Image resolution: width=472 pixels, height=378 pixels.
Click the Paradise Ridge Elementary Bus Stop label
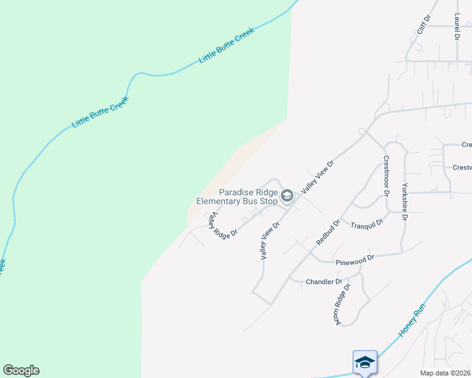pyautogui.click(x=237, y=197)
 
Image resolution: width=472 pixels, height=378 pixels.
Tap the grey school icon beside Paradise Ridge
pyautogui.click(x=287, y=197)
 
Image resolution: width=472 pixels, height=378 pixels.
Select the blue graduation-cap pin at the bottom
pyautogui.click(x=365, y=362)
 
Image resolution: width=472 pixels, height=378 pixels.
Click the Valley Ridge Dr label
pyautogui.click(x=223, y=224)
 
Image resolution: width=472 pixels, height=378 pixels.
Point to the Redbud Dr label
pyautogui.click(x=328, y=232)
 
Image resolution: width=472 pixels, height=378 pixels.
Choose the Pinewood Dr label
pyautogui.click(x=355, y=258)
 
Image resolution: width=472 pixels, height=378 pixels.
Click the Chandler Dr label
pyautogui.click(x=324, y=282)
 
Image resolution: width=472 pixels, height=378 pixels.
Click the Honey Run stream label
pyautogui.click(x=411, y=322)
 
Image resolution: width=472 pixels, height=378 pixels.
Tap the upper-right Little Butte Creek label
pyautogui.click(x=226, y=45)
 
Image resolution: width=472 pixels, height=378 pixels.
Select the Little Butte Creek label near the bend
pyautogui.click(x=100, y=112)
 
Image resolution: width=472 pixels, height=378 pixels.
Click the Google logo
pyautogui.click(x=21, y=370)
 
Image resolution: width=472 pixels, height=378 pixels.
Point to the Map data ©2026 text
pyautogui.click(x=445, y=373)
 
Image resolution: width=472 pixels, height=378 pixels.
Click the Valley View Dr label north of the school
pyautogui.click(x=317, y=176)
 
